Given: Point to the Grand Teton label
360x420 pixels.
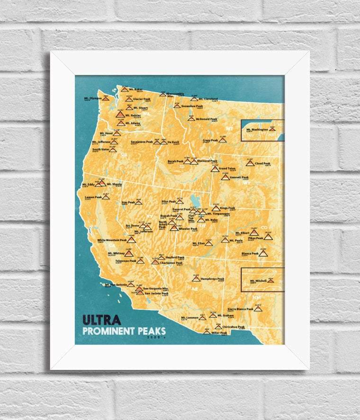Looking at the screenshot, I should click(x=228, y=168).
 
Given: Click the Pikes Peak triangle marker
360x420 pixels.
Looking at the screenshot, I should click(x=268, y=236).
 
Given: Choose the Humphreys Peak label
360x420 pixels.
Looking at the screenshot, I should click(x=212, y=279).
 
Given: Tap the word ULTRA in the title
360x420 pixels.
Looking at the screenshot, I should click(x=101, y=321).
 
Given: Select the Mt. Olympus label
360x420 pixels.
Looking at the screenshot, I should click(x=93, y=98).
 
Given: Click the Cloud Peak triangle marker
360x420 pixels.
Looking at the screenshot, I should click(x=250, y=163).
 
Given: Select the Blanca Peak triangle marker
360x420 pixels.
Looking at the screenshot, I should click(x=263, y=254).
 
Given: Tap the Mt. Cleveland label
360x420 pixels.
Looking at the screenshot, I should click(x=208, y=99).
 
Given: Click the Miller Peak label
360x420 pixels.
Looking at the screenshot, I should click(x=219, y=332).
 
